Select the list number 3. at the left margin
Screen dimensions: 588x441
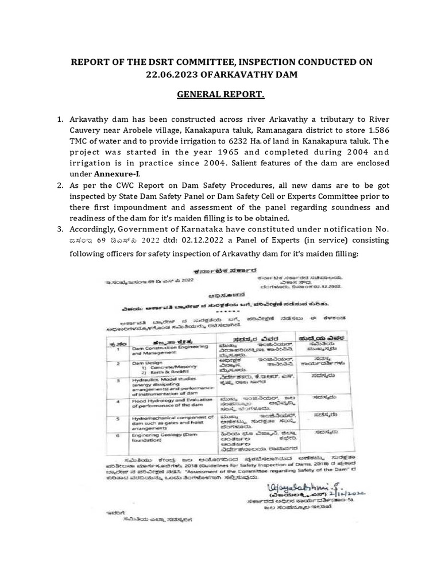pos(60,230)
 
